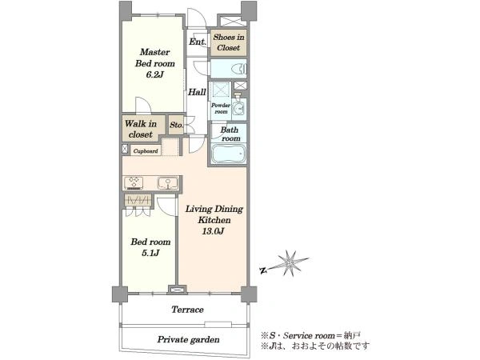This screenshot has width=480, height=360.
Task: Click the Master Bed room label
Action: (x=155, y=58)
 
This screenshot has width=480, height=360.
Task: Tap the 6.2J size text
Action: (x=155, y=74)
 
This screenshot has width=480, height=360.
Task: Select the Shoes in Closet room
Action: (x=228, y=42)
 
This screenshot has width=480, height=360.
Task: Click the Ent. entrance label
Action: (x=198, y=42)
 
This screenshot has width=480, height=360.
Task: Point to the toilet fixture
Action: (x=239, y=69)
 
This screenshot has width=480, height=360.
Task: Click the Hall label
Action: (x=197, y=92)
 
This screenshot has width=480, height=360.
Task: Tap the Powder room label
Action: (x=221, y=108)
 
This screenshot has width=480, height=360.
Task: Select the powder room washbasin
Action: (x=238, y=107)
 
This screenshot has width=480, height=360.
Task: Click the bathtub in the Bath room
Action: (x=229, y=154)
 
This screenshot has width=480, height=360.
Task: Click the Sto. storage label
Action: (x=176, y=125)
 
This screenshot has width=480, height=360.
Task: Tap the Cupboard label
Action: (x=146, y=151)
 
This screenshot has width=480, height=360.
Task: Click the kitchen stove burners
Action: (x=134, y=182)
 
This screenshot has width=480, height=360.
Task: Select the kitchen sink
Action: (x=168, y=183)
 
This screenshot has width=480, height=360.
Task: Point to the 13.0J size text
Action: (x=213, y=231)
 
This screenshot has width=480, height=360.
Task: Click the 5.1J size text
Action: (x=150, y=253)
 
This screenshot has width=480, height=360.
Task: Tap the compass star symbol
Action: (x=290, y=263)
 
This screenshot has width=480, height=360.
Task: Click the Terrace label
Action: (x=187, y=310)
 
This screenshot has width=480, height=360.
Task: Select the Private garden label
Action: (x=188, y=339)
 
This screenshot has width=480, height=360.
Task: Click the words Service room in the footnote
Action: (x=309, y=335)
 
